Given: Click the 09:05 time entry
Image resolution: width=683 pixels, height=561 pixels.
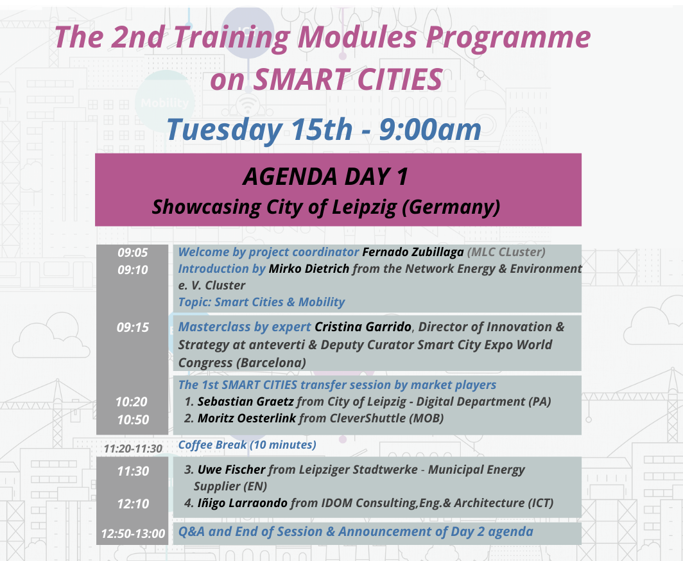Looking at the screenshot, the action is [x=133, y=253].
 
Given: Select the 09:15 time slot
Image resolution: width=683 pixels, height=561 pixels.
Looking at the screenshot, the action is [x=133, y=327].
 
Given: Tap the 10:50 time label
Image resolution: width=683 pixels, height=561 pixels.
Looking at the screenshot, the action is [x=133, y=420].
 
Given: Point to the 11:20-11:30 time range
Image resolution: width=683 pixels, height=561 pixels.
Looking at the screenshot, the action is [x=133, y=449].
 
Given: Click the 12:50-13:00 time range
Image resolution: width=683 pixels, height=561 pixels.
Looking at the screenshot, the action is [x=133, y=533].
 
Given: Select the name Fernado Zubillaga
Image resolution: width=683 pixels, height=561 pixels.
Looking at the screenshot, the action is [x=413, y=252].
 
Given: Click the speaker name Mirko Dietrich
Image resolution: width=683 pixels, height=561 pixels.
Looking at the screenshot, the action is [x=309, y=269].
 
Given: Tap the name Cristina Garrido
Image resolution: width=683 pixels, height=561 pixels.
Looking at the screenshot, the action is [x=363, y=327].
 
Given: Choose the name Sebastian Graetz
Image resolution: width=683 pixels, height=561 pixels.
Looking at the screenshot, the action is [x=246, y=402].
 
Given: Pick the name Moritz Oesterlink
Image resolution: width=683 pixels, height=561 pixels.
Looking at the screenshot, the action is [x=246, y=419].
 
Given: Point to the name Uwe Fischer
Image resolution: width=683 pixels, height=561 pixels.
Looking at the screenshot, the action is [x=231, y=470].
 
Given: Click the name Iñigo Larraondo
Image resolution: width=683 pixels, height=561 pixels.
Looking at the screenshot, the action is [x=243, y=503].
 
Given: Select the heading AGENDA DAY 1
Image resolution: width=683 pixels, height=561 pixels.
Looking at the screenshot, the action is [x=325, y=177].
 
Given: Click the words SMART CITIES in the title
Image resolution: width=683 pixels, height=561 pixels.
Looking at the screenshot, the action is [x=348, y=80].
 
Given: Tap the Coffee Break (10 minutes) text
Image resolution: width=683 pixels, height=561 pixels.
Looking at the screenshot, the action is [x=247, y=445].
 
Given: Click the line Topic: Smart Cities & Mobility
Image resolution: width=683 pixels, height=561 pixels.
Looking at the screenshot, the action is [x=261, y=302].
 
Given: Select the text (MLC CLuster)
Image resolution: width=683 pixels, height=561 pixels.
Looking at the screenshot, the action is [x=506, y=252].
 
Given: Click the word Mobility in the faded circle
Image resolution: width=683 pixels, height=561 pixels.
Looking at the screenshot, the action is [x=164, y=103].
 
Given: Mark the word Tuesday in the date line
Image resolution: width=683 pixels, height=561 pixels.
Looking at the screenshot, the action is [x=224, y=130].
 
